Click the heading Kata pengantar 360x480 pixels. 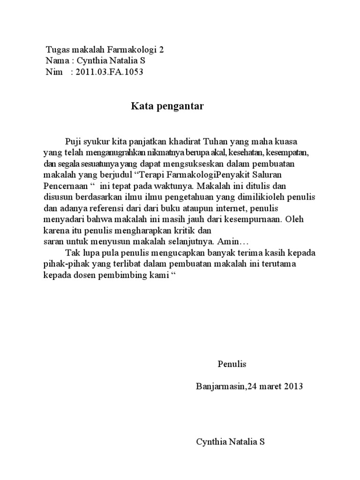(x=167, y=106)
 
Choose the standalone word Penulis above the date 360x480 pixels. (x=232, y=364)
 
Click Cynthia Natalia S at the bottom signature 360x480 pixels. (x=230, y=442)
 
